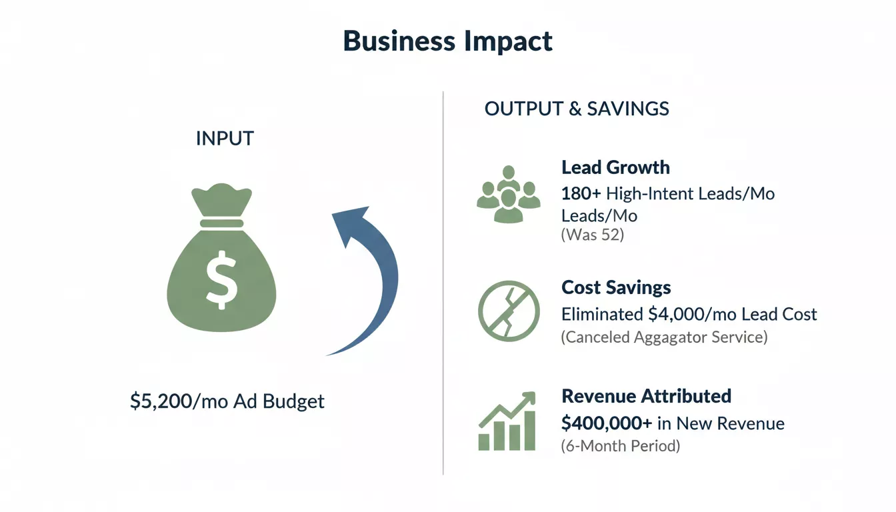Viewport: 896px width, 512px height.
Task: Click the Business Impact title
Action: [x=447, y=41]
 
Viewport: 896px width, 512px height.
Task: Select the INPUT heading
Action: [x=225, y=139]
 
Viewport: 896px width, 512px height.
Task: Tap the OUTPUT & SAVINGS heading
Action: [x=577, y=109]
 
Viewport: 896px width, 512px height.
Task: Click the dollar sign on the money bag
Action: [x=221, y=280]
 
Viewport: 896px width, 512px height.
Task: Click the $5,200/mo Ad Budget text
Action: [x=227, y=401]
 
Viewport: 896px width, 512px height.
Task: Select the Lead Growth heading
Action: [x=615, y=167]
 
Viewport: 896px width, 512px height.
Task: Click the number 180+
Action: [x=581, y=194]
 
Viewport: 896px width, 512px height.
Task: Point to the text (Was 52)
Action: [x=592, y=235]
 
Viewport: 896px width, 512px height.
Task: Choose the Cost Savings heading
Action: [x=616, y=287]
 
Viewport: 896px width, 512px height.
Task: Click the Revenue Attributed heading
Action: [x=646, y=396]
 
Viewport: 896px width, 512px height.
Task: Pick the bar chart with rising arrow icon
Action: [x=507, y=421]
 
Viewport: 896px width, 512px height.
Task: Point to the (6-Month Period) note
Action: [x=620, y=446]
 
